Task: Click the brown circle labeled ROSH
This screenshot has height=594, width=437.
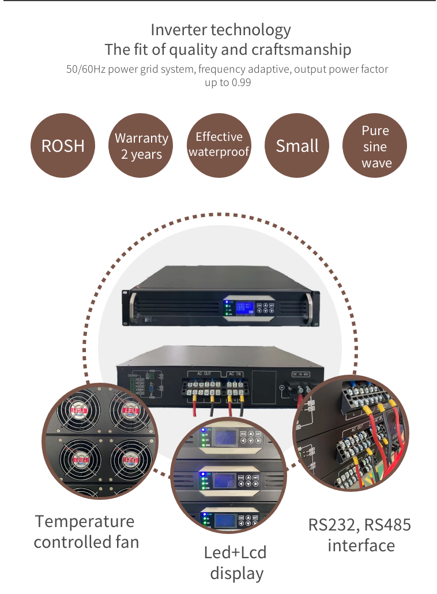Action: pos(62,145)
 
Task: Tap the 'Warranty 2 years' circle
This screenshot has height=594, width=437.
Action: pos(141,145)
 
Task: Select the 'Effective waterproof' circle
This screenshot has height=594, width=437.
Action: pos(219,145)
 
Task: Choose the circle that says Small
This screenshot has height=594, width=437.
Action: pos(297,145)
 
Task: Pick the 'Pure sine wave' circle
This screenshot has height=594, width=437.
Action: pos(375,146)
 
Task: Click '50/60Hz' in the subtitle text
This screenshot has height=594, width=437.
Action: pos(85,69)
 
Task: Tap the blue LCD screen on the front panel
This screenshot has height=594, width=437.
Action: pos(241,308)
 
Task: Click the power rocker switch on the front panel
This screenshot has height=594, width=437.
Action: pos(147,318)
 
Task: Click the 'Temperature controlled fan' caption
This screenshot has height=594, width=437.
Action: pos(86,532)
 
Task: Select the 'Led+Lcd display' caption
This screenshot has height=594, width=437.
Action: pos(236,562)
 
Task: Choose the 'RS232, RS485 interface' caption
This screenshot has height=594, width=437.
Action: pos(360,535)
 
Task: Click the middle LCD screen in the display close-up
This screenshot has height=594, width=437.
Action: pos(222,479)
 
